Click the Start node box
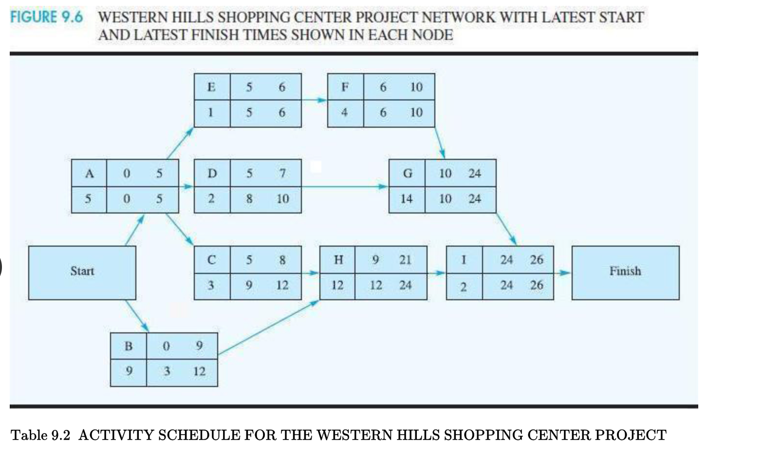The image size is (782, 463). [x=82, y=272]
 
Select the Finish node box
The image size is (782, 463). [x=625, y=272]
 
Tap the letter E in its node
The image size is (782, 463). [x=211, y=87]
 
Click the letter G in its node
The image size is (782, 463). [x=407, y=173]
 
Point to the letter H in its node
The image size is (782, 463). [x=338, y=260]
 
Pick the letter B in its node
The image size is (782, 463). [x=128, y=346]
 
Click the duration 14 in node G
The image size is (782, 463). [x=407, y=199]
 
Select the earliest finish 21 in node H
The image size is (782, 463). [x=405, y=260]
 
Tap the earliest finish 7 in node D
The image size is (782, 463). [x=282, y=173]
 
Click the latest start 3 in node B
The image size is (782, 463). [x=167, y=371]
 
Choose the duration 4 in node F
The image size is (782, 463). [x=344, y=113]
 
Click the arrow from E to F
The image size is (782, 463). [x=314, y=100]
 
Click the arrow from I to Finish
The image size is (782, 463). [x=563, y=273]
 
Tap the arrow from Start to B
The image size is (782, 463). [x=137, y=316]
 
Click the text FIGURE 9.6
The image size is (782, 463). [x=47, y=17]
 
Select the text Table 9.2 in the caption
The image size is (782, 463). [x=40, y=435]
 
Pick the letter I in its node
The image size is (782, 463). [x=464, y=260]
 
